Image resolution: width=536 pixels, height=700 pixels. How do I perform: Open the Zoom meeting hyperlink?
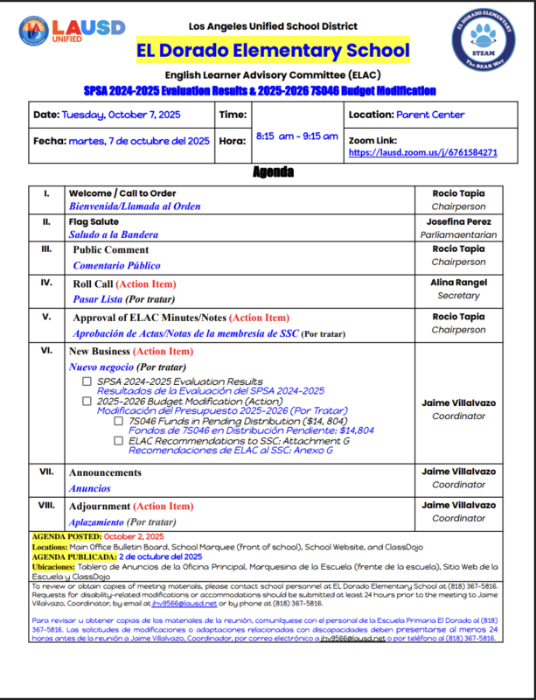coord(423,152)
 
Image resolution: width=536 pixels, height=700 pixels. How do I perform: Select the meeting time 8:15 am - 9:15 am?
coord(296,136)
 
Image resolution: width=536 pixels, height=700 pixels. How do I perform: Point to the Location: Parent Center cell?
coord(407,115)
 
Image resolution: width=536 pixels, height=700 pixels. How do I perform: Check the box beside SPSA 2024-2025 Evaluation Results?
coord(87,382)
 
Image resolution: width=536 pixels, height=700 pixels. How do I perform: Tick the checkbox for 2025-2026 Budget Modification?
coord(87,402)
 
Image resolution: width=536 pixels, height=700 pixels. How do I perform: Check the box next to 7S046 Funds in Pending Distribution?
coord(118,421)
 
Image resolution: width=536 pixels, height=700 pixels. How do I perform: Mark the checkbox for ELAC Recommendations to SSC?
coord(118,441)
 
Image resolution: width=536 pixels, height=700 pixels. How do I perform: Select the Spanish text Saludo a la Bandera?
coord(115,234)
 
